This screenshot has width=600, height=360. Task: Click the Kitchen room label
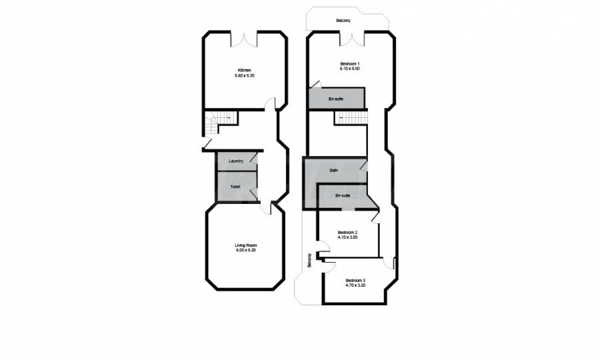[x=245, y=71]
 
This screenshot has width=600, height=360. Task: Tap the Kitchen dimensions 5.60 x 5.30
[x=245, y=76]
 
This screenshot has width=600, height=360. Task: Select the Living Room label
[x=245, y=245]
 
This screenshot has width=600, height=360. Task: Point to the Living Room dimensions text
[x=245, y=250]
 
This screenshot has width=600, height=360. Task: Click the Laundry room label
[x=236, y=161]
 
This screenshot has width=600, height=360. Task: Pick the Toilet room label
[x=235, y=187]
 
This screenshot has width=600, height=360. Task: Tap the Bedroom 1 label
[x=350, y=63]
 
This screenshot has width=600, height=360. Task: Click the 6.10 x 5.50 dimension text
[x=350, y=69]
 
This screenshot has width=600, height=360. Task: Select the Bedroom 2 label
[x=347, y=232]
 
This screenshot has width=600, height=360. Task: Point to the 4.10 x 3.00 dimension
[x=347, y=237]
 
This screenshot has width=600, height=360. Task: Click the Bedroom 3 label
[x=355, y=280]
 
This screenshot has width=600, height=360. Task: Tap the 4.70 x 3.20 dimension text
[x=355, y=285]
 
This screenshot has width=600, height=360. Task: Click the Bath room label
[x=334, y=170]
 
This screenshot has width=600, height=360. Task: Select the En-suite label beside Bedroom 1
[x=336, y=99]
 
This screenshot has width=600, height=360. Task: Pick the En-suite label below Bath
[x=343, y=195]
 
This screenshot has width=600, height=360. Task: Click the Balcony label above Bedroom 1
[x=343, y=20]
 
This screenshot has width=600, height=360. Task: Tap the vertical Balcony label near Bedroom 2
[x=309, y=260]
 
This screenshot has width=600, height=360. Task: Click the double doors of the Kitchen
[x=244, y=40]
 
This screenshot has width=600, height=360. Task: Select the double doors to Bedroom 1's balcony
[x=353, y=39]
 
